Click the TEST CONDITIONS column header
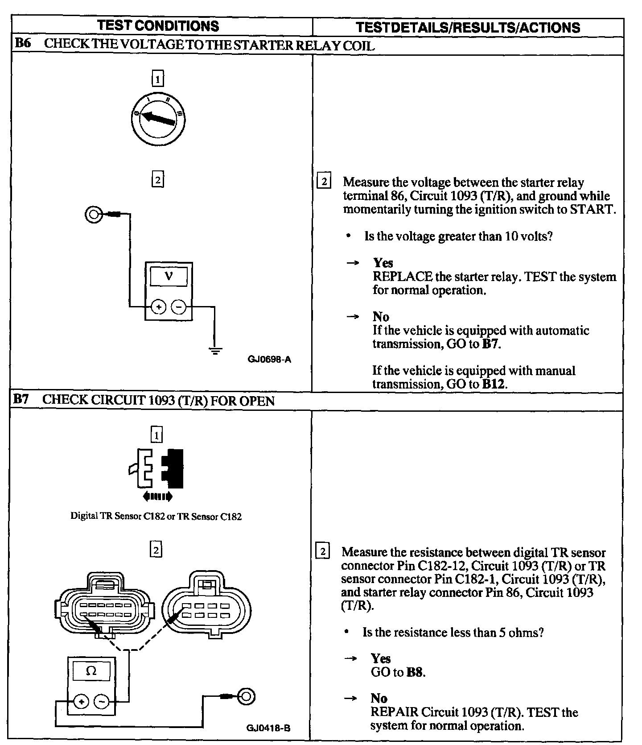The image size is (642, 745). pyautogui.click(x=158, y=26)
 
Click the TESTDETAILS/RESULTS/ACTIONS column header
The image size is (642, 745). pyautogui.click(x=468, y=28)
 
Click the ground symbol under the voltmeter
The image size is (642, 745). pyautogui.click(x=215, y=351)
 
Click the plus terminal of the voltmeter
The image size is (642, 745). pyautogui.click(x=158, y=307)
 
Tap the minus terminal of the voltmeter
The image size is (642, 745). pyautogui.click(x=179, y=307)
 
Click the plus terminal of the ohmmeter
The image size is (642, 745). pyautogui.click(x=81, y=702)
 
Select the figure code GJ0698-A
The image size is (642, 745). pyautogui.click(x=270, y=359)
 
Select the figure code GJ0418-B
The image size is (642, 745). pyautogui.click(x=268, y=728)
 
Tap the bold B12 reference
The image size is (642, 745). pyautogui.click(x=495, y=384)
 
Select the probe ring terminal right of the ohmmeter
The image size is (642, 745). pyautogui.click(x=246, y=696)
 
